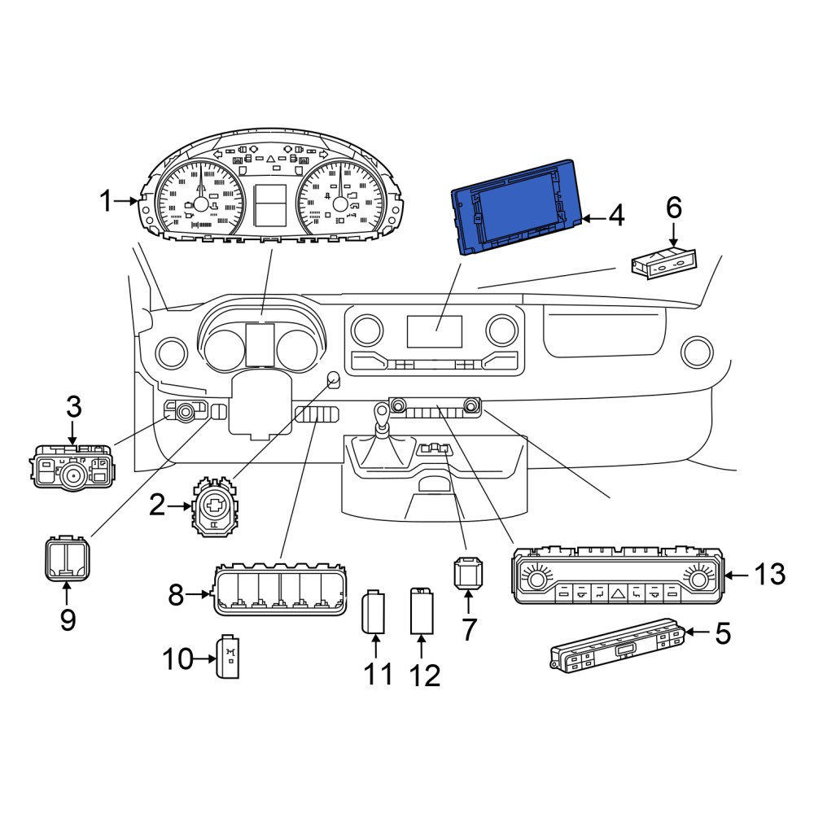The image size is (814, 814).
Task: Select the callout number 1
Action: click(106, 201)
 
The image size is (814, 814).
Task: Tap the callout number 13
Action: click(769, 575)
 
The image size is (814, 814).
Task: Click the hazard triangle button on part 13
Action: click(618, 593)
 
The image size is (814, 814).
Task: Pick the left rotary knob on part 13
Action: click(535, 577)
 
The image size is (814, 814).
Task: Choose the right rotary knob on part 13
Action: click(698, 577)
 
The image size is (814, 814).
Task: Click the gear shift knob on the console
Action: click(382, 415)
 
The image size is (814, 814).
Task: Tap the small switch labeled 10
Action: click(228, 657)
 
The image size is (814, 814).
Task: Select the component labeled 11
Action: click(374, 612)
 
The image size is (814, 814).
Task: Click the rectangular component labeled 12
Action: click(422, 611)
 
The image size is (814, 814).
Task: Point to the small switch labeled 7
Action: click(468, 573)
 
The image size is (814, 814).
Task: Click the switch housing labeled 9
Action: click(67, 559)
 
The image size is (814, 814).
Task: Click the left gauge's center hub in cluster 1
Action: click(200, 203)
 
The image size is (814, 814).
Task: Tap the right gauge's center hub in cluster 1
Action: click(340, 203)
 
